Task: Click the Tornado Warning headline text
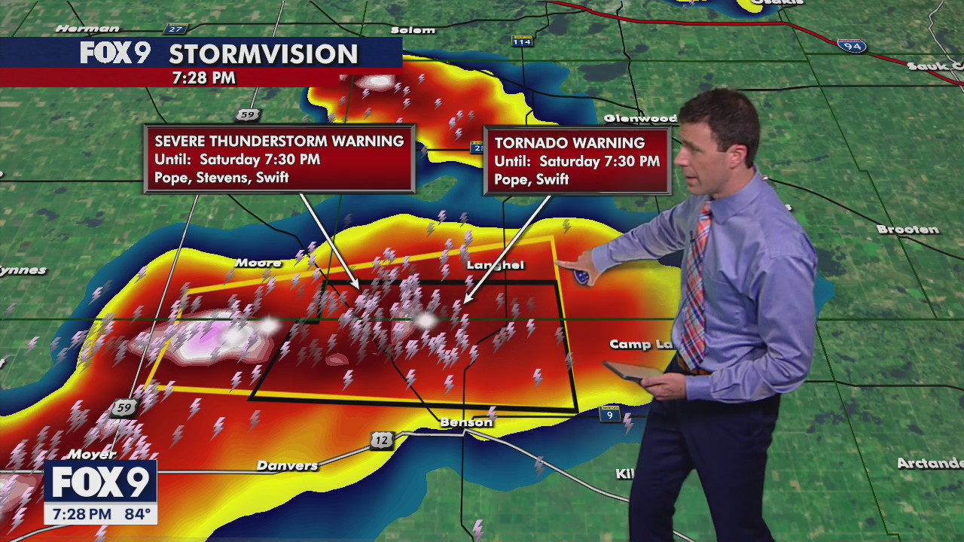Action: (569, 143)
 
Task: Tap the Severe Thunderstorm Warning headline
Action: (279, 142)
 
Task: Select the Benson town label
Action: (466, 422)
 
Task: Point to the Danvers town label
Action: (287, 466)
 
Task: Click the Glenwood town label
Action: (640, 118)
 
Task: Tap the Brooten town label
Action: (908, 230)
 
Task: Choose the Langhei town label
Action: (495, 265)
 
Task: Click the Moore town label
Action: (258, 263)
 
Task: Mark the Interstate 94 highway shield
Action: (851, 47)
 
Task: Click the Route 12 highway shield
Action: (382, 440)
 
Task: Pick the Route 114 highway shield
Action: (521, 41)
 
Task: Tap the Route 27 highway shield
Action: (176, 29)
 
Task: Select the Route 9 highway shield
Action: (609, 414)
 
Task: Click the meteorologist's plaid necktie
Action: (696, 286)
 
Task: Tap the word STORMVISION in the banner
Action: (263, 54)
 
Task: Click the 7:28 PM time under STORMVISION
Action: (203, 78)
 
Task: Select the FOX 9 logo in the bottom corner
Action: (99, 483)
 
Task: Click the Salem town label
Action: (413, 30)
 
